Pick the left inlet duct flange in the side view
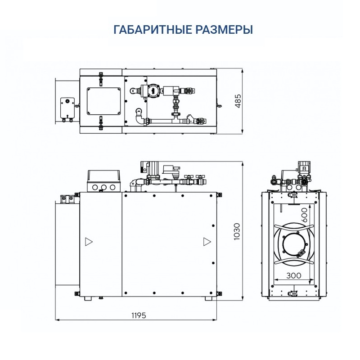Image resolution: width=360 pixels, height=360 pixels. [x=67, y=243]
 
